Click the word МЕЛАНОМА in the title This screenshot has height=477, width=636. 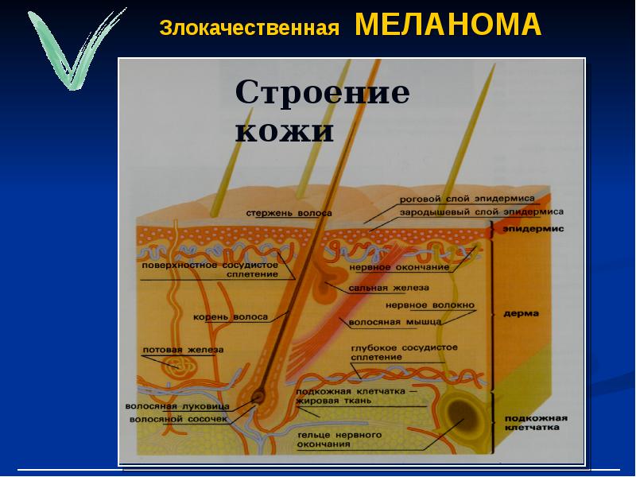pos(448,25)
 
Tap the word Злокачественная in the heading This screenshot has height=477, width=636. pos(250,28)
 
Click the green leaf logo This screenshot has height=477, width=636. pos(76,48)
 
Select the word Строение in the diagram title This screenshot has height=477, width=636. pos(323,93)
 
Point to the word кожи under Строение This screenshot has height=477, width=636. pos(285,130)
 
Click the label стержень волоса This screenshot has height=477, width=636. pos(289,213)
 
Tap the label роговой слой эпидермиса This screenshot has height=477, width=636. pos(467,199)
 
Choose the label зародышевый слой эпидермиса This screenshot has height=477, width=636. pos(482,211)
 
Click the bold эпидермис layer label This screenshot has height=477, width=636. pos(533,229)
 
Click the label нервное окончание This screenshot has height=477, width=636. pos(400,267)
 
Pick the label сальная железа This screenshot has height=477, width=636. pos(389,288)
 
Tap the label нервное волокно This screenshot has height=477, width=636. pos(429,305)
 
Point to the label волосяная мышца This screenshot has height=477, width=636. pos(395,322)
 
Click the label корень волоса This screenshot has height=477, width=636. pos(231,316)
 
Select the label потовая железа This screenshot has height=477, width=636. pos(183,350)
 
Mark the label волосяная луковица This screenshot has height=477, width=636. pos(177,406)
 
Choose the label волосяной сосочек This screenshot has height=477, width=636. pos(178,419)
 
